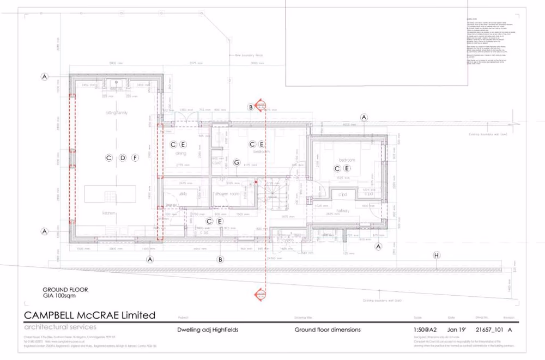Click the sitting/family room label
[x=116, y=112]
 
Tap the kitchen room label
[x=109, y=213]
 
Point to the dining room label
[x=181, y=154]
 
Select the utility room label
[x=183, y=193]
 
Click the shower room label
[x=227, y=194]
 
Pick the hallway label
[x=342, y=210]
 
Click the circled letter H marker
[x=436, y=255]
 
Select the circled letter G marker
[x=237, y=162]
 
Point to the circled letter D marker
[x=123, y=158]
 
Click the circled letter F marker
[x=135, y=158]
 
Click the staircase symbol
[x=272, y=192]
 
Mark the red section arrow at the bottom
[x=260, y=295]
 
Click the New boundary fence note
[x=249, y=55]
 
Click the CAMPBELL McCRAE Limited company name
[x=90, y=315]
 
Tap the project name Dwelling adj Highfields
[x=208, y=330]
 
